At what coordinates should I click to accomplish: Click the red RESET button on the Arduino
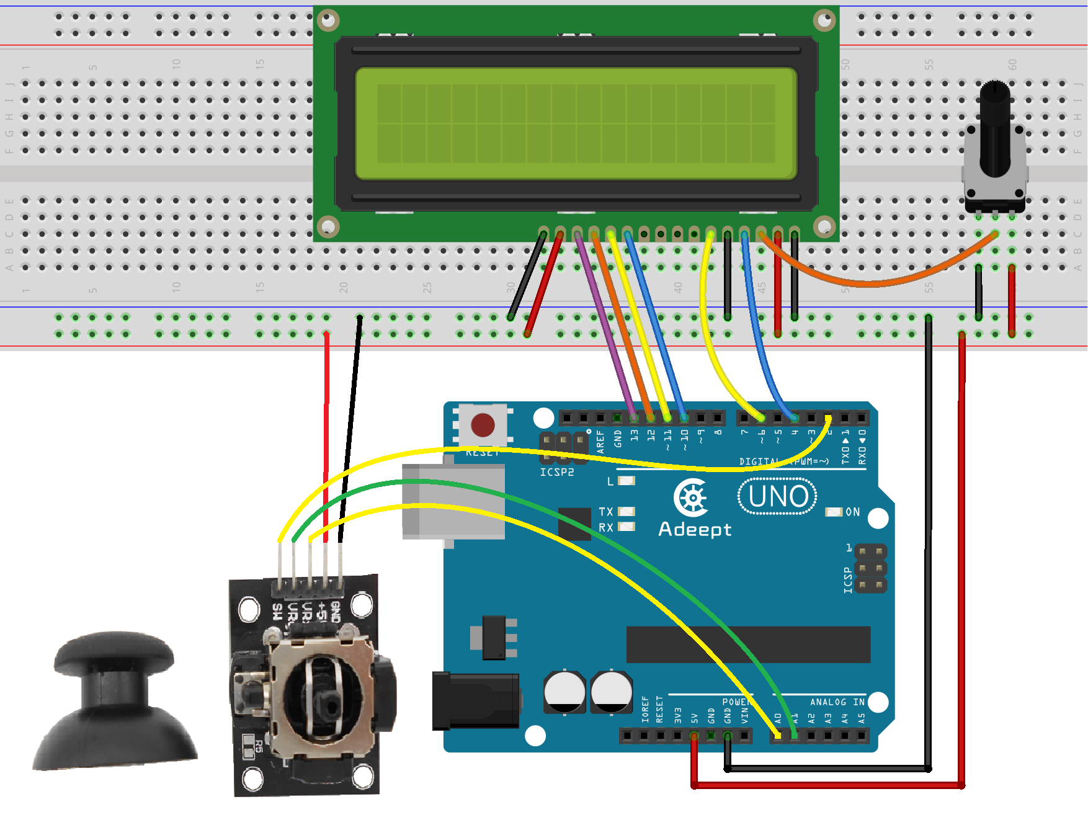[x=483, y=426]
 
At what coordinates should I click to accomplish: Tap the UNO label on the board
[x=778, y=496]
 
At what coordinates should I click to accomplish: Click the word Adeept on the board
[x=695, y=529]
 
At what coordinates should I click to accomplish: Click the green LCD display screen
[x=576, y=123]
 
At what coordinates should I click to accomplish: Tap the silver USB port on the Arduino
[x=453, y=501]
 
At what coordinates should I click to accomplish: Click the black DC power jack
[x=475, y=700]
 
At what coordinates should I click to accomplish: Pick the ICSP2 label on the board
[x=556, y=472]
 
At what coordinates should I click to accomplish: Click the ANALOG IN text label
[x=837, y=702]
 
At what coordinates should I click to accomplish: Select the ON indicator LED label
[x=853, y=512]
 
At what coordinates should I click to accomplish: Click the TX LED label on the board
[x=606, y=512]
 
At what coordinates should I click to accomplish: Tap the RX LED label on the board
[x=606, y=528]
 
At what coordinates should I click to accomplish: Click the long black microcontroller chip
[x=748, y=645]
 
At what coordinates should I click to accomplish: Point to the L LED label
[x=610, y=481]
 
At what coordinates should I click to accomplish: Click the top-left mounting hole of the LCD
[x=328, y=20]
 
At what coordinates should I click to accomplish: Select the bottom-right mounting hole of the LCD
[x=824, y=226]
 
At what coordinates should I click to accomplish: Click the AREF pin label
[x=600, y=441]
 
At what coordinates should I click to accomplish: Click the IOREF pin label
[x=645, y=709]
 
